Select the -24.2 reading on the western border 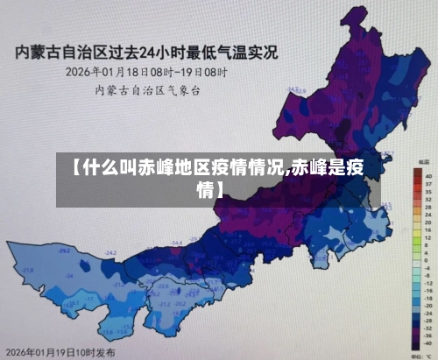pyautogui.click(x=111, y=252)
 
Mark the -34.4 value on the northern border pyautogui.click(x=176, y=242)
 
